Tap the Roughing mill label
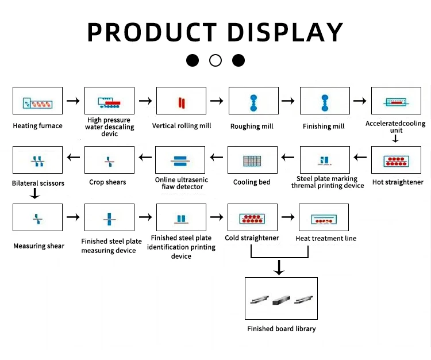pyautogui.click(x=252, y=127)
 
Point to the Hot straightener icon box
pyautogui.click(x=397, y=160)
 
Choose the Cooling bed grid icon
pyautogui.click(x=252, y=160)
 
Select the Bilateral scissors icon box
pyautogui.click(x=37, y=160)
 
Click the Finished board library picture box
pyautogui.click(x=282, y=298)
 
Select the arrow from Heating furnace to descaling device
pyautogui.click(x=73, y=101)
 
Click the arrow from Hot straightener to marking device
pyautogui.click(x=360, y=156)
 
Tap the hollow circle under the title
pyautogui.click(x=215, y=60)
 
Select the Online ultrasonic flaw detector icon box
pyautogui.click(x=181, y=160)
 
